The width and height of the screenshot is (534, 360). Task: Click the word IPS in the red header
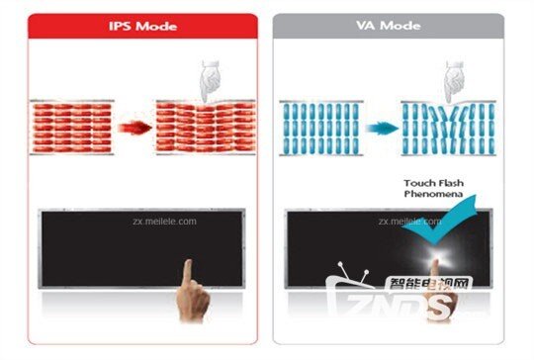click(120, 26)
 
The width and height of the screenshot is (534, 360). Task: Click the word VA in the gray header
click(366, 25)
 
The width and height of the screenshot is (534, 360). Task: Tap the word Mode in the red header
click(156, 26)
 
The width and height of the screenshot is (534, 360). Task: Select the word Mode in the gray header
click(400, 25)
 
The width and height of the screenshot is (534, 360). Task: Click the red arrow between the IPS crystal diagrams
click(134, 128)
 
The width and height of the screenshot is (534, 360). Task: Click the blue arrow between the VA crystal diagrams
click(382, 129)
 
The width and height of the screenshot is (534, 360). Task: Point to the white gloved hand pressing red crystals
click(210, 81)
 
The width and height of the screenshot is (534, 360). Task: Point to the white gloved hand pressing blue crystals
click(454, 82)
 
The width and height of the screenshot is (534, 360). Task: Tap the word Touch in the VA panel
click(417, 183)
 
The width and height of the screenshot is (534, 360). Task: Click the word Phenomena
click(433, 194)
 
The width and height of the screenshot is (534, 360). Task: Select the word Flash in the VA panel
click(449, 183)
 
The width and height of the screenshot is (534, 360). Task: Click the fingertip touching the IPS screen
click(188, 264)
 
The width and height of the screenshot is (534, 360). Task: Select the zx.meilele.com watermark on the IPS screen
click(164, 222)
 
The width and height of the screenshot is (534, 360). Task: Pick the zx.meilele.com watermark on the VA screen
click(409, 222)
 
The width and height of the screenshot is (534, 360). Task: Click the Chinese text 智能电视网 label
click(429, 284)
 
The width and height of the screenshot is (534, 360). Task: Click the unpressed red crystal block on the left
click(72, 128)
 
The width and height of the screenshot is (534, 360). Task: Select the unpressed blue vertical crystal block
click(321, 129)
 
